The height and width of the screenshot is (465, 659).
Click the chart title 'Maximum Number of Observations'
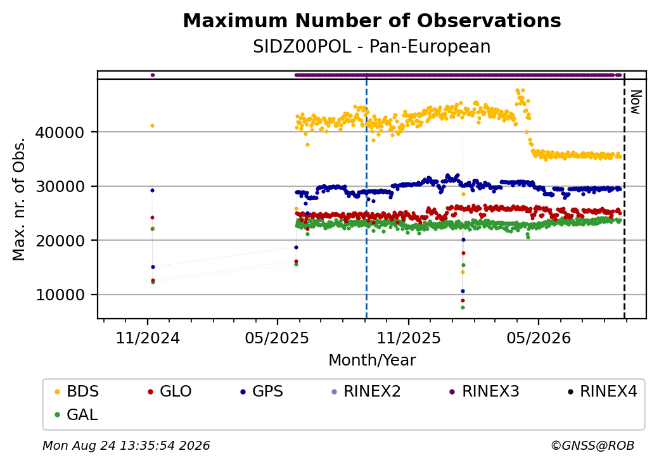point(372,20)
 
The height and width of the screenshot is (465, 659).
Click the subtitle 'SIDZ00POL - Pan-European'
point(372,47)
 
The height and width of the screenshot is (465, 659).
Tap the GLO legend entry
point(170,392)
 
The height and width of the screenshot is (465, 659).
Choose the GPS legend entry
point(262,392)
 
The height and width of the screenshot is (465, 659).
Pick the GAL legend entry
point(77,414)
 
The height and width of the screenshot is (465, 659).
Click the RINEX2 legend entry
point(366,392)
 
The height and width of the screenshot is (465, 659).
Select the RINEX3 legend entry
point(485,392)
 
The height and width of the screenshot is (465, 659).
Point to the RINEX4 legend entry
point(603,392)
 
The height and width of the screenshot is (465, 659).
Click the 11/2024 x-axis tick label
point(148,338)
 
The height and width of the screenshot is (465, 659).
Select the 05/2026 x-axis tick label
point(539,338)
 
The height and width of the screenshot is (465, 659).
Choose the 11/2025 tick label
point(409,338)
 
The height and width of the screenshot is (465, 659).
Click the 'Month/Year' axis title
point(372,360)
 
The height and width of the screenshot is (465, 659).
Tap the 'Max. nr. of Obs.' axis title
point(19,199)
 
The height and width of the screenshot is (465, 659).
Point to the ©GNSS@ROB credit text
point(592,445)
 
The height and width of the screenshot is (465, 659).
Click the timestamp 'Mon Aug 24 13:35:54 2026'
point(126,445)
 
